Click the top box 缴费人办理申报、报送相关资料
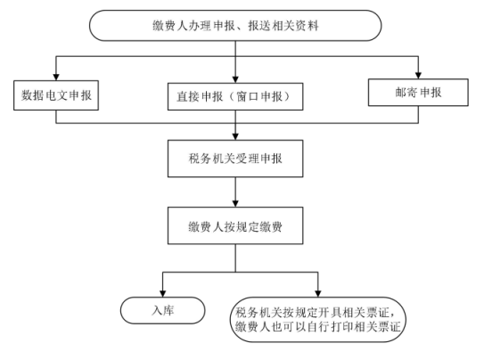(x=235, y=25)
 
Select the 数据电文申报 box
(x=56, y=95)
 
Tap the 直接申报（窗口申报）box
(x=235, y=96)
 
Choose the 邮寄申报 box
(x=418, y=93)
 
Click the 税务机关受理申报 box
(x=235, y=159)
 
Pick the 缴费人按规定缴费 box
(x=235, y=225)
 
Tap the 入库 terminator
(x=163, y=310)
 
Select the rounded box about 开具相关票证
(x=318, y=320)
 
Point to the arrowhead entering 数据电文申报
(x=56, y=78)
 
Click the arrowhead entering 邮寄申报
(x=418, y=76)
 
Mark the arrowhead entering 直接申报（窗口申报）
(x=235, y=79)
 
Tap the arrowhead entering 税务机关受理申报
(x=235, y=137)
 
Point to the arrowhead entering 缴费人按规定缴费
(x=235, y=204)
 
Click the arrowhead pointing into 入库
(x=163, y=294)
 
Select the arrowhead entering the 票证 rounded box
(x=318, y=294)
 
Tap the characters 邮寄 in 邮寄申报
(x=406, y=93)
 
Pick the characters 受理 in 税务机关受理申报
(x=247, y=159)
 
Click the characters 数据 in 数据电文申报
(x=32, y=95)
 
